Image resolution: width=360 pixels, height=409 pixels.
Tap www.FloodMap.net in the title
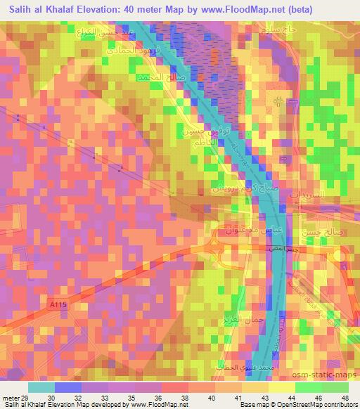point(234,8)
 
